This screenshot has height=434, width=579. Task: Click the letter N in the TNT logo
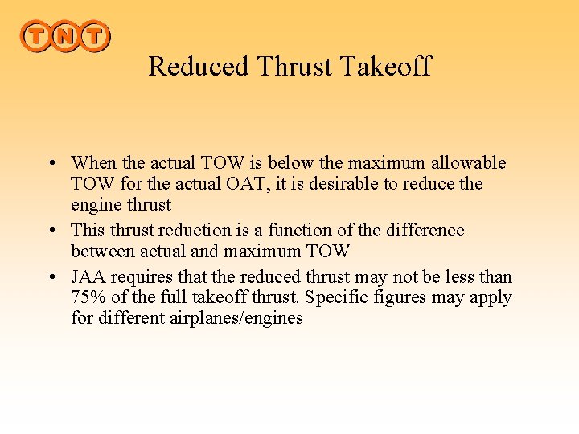click(64, 35)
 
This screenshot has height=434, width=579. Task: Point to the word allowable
click(470, 163)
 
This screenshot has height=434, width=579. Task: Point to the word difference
click(425, 231)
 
